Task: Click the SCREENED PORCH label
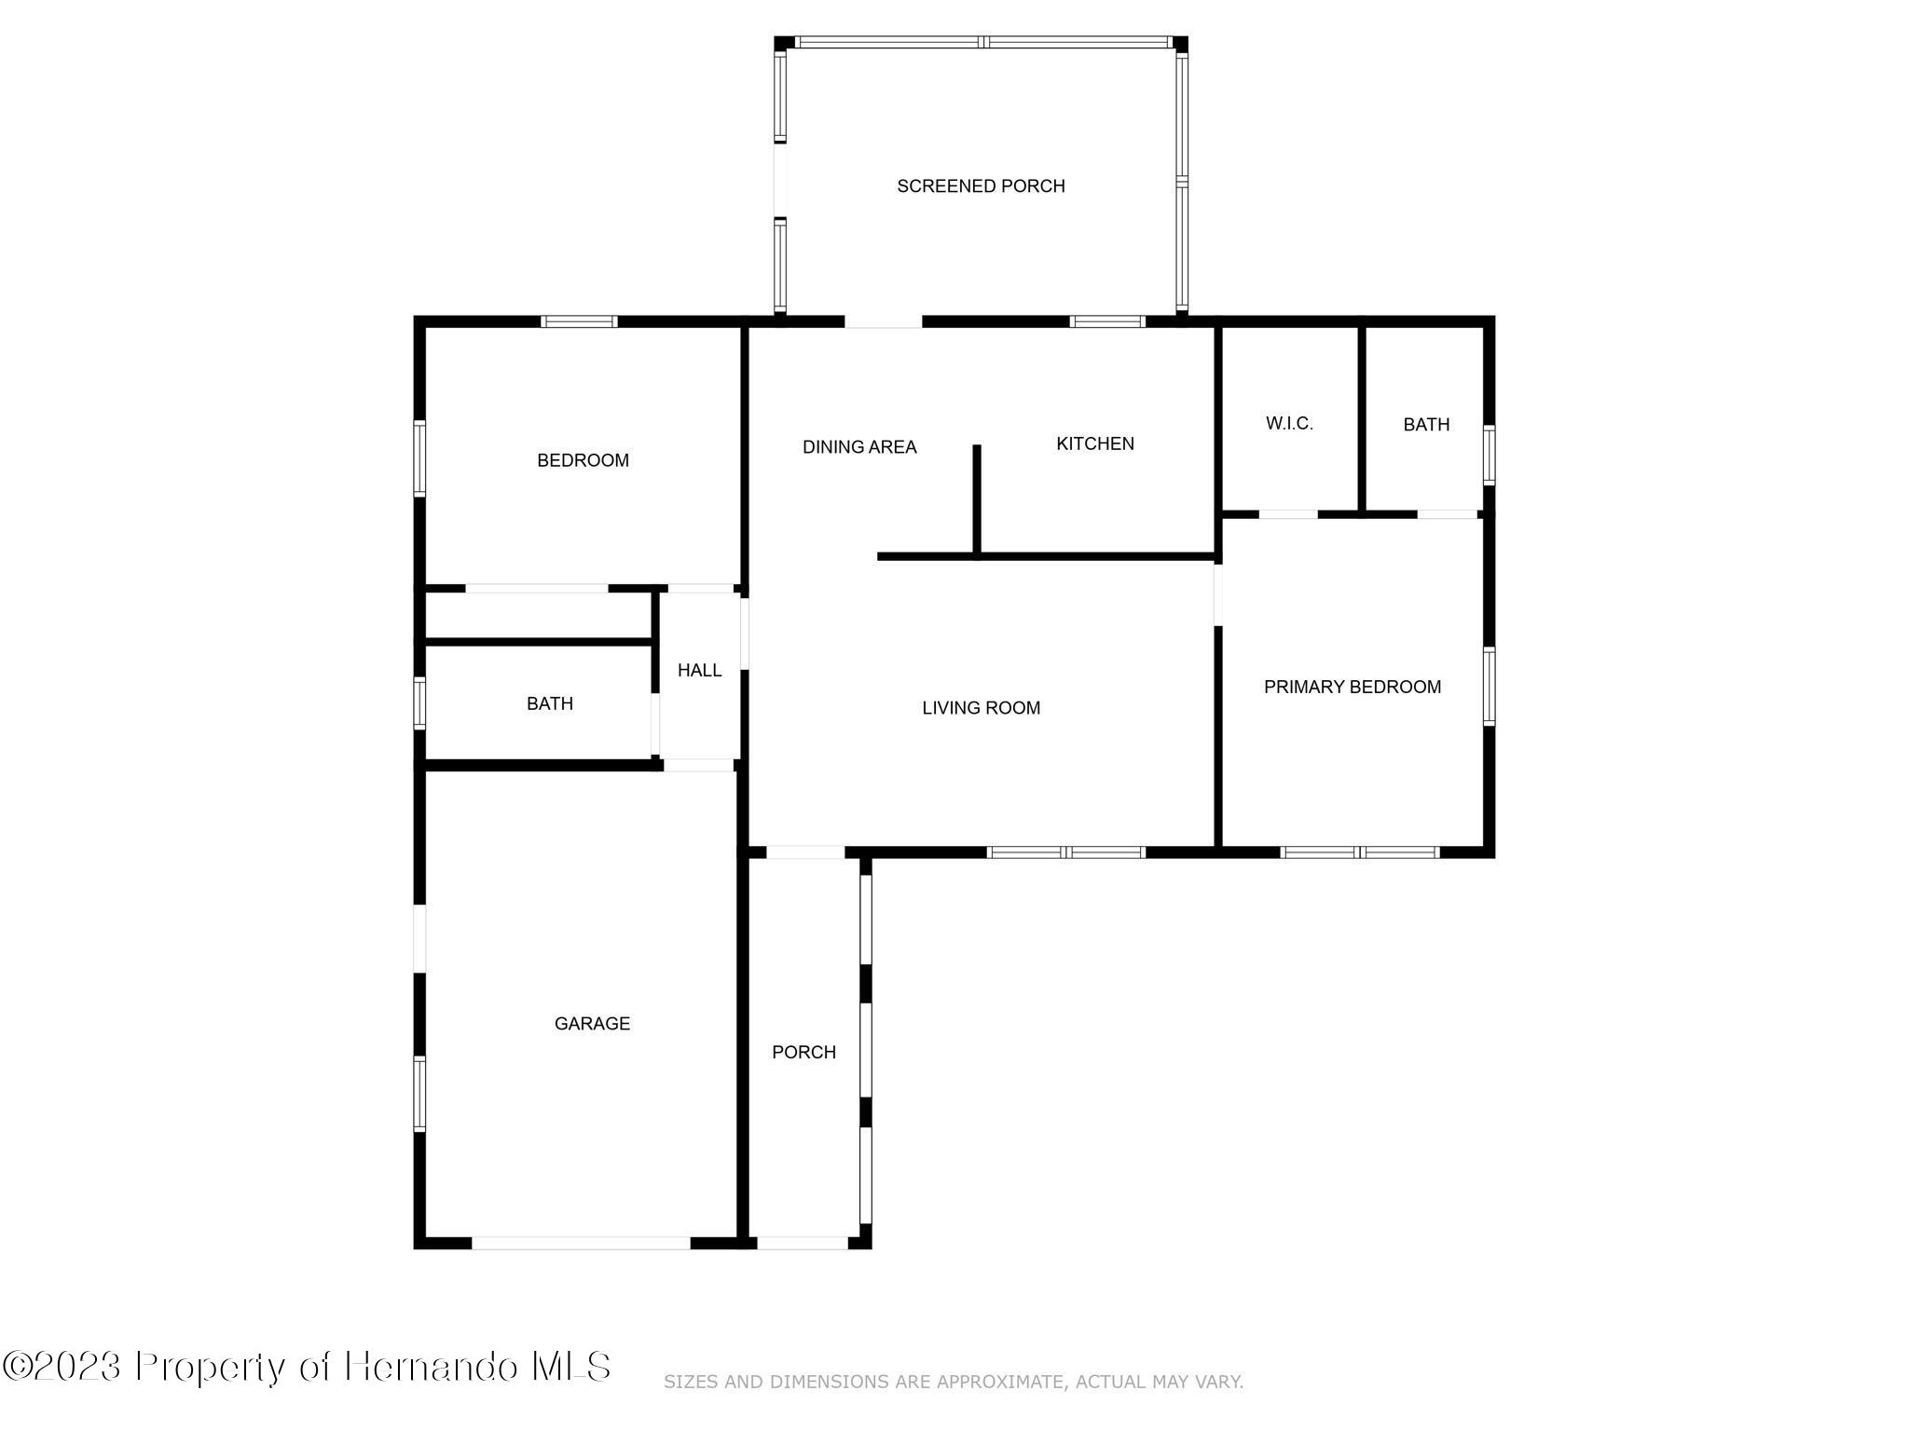coord(981,186)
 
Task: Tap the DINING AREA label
coord(859,447)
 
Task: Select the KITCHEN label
coord(1094,443)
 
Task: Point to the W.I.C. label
coord(1289,423)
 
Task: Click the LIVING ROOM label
coord(981,708)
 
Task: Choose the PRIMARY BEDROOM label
coord(1352,687)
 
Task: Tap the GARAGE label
coord(592,1023)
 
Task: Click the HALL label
coord(699,670)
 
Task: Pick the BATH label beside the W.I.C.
coord(1426,425)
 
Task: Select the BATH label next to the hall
coord(549,703)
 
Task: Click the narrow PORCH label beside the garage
coord(803,1052)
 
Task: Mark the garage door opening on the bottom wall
coord(581,1242)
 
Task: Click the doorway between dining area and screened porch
coord(883,322)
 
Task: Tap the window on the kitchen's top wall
coord(1106,322)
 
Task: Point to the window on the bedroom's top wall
coord(579,322)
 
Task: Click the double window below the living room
coord(1065,852)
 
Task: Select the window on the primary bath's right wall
coord(1489,456)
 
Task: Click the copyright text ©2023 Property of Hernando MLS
coord(307,1367)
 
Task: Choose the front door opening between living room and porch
coord(804,852)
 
